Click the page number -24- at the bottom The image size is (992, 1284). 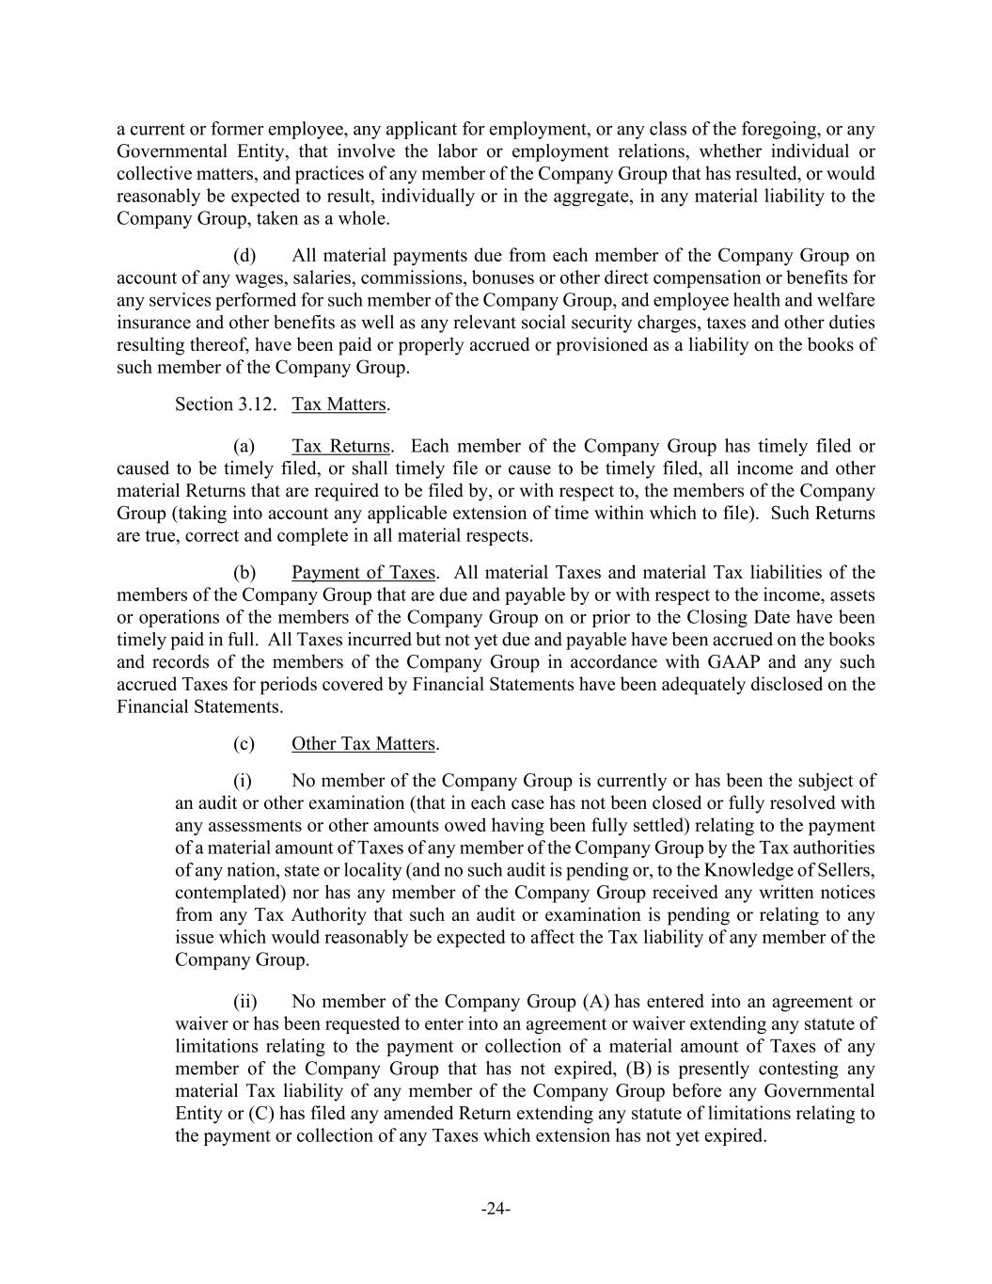[x=496, y=1209]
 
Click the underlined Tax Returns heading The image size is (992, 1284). [x=340, y=446]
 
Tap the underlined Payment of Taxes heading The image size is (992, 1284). [x=363, y=572]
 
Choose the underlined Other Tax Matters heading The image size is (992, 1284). [x=363, y=743]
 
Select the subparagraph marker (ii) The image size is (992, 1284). [x=244, y=1001]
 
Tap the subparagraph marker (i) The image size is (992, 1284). [x=243, y=780]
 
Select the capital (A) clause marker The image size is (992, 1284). [x=597, y=1001]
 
